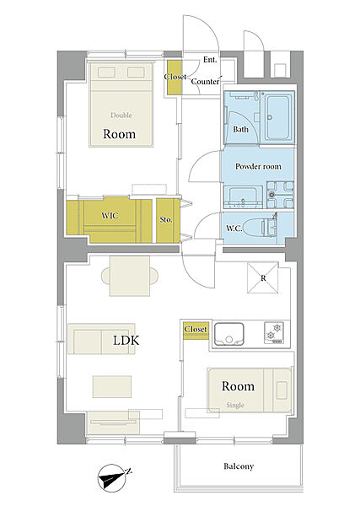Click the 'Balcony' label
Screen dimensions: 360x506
[239, 466]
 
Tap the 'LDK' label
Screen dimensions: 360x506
[126, 340]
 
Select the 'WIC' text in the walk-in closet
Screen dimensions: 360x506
[110, 215]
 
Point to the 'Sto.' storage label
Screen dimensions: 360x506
[166, 220]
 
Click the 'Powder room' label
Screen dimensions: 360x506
[258, 166]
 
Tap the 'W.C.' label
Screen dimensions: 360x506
[234, 229]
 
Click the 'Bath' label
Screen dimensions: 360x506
[240, 129]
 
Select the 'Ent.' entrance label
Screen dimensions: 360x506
[210, 60]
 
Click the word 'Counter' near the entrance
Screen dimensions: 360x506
[205, 81]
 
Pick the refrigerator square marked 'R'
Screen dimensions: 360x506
[262, 277]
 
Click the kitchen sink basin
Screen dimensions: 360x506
[229, 334]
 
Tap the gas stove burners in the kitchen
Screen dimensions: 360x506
[274, 332]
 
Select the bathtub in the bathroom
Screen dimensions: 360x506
[277, 118]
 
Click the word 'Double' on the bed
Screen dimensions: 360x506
[121, 116]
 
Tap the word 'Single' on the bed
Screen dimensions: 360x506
[235, 405]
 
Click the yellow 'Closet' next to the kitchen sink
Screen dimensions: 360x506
[196, 329]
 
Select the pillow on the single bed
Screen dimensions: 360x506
[282, 390]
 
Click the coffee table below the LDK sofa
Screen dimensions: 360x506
[112, 386]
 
